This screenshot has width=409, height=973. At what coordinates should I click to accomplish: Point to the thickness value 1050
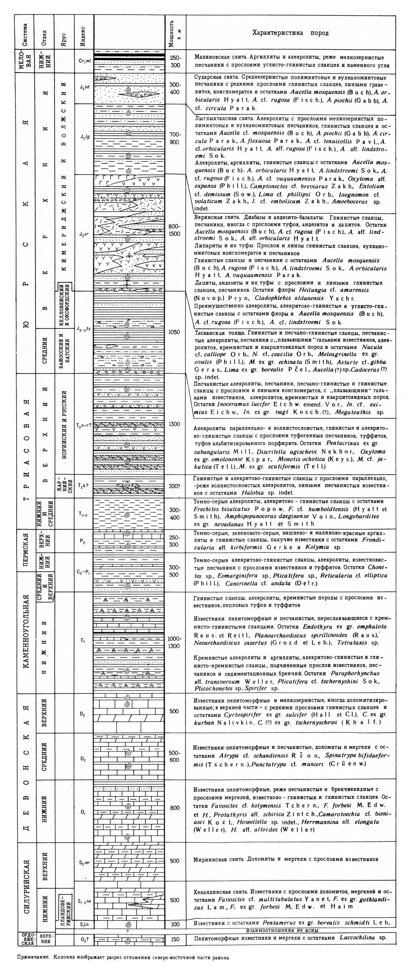175,332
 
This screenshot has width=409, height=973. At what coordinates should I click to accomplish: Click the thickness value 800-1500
175,230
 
